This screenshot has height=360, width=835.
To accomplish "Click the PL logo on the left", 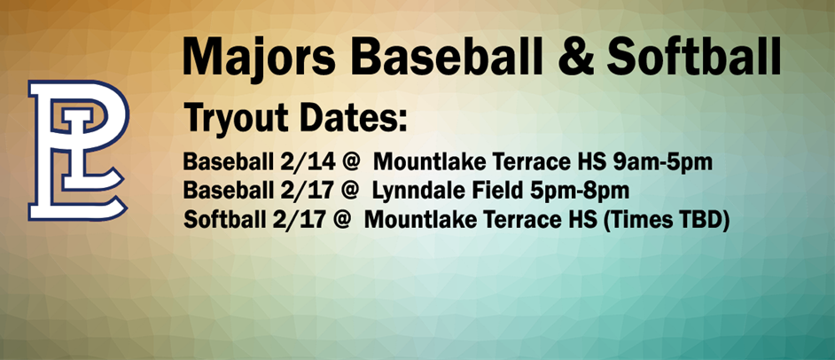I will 78,148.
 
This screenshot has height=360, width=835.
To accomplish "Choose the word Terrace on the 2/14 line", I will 518,163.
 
